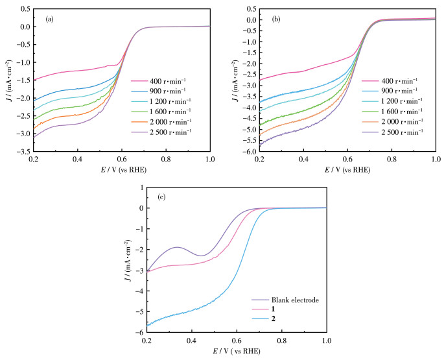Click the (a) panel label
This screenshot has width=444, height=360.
pyautogui.click(x=49, y=19)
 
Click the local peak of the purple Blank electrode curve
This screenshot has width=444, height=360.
pyautogui.click(x=176, y=247)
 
